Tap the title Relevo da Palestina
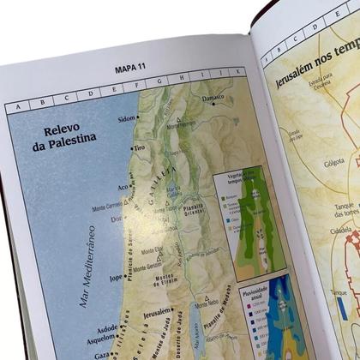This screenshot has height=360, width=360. tap(70, 138)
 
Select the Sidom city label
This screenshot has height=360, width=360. tap(126, 117)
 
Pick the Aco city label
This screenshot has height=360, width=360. tap(123, 186)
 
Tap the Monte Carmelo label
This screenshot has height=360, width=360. tap(108, 206)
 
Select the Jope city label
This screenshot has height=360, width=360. tap(115, 278)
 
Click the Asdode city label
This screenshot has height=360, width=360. tap(109, 329)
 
